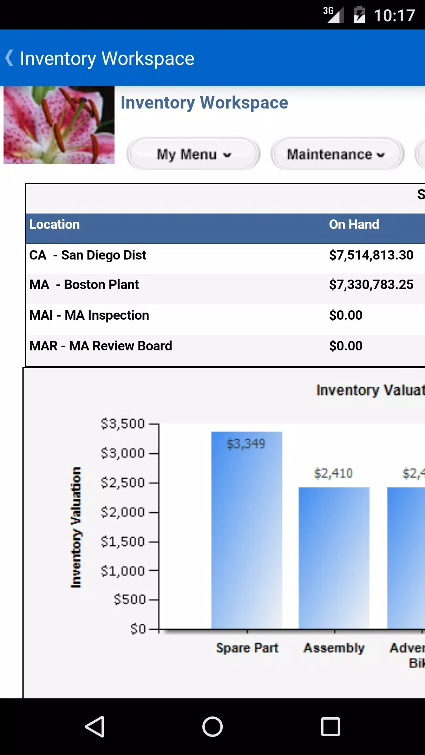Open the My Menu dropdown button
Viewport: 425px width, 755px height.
coord(193,154)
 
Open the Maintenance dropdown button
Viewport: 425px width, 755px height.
coord(337,154)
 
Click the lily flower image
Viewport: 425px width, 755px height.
coord(59,125)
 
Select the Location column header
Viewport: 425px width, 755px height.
coord(54,225)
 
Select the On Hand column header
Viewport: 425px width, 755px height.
coord(354,225)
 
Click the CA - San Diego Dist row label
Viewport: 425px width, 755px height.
coord(88,255)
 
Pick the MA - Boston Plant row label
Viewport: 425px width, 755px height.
coord(84,285)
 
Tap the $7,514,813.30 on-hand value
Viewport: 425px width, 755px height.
coord(371,255)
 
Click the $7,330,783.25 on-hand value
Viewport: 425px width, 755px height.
coord(371,285)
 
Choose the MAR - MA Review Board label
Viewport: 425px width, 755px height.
coord(101,346)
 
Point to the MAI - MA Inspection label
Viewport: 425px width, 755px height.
coord(89,315)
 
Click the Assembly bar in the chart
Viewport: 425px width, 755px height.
coord(334,558)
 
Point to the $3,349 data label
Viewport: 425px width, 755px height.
coord(246,444)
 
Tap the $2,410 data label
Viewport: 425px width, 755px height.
coord(333,473)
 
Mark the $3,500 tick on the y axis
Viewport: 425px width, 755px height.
coord(123,424)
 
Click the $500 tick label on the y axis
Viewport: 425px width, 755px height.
coord(130,600)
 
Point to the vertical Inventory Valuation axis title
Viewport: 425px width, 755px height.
coord(76,527)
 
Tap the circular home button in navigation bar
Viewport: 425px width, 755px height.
coord(213,726)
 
